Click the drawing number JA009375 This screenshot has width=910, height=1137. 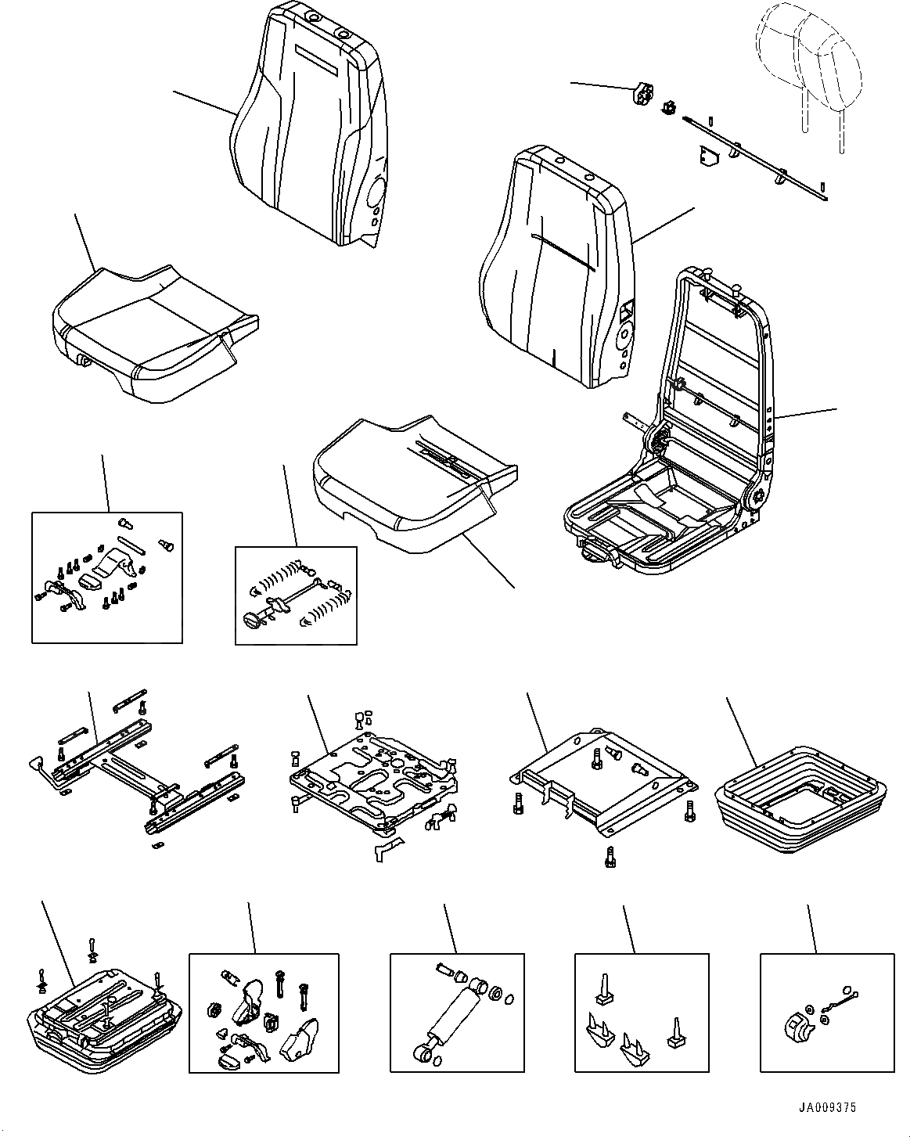[828, 1108]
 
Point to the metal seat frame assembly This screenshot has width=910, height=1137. [689, 438]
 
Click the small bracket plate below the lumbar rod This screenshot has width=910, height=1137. [709, 159]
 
